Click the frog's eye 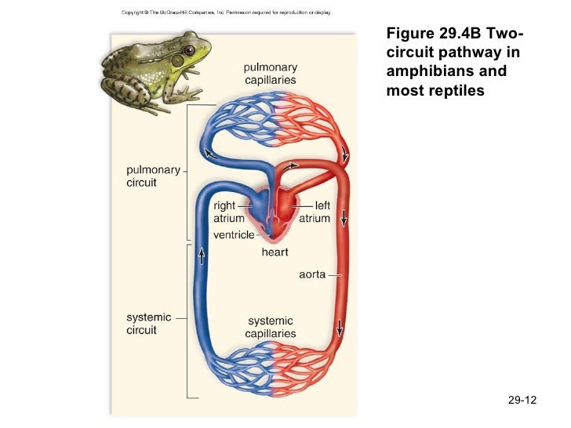[188, 53]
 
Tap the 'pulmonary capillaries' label [270, 74]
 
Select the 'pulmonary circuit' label [152, 176]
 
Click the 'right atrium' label [229, 212]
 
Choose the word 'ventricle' [234, 235]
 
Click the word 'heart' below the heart [275, 252]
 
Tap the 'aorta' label [312, 275]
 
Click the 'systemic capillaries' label [271, 327]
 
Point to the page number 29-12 [522, 401]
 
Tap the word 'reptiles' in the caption [460, 90]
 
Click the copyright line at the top [226, 13]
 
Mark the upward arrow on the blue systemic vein [202, 256]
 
